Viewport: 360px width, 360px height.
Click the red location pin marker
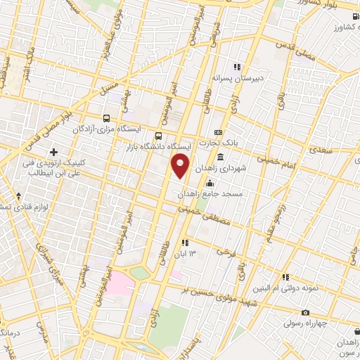180,167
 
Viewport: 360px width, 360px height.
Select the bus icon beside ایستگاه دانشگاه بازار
159,135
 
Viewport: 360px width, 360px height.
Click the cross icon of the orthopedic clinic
54,152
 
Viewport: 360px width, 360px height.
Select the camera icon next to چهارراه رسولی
305,312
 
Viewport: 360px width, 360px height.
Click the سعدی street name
319,151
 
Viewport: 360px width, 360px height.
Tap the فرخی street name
225,250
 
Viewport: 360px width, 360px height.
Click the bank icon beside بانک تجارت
218,131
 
